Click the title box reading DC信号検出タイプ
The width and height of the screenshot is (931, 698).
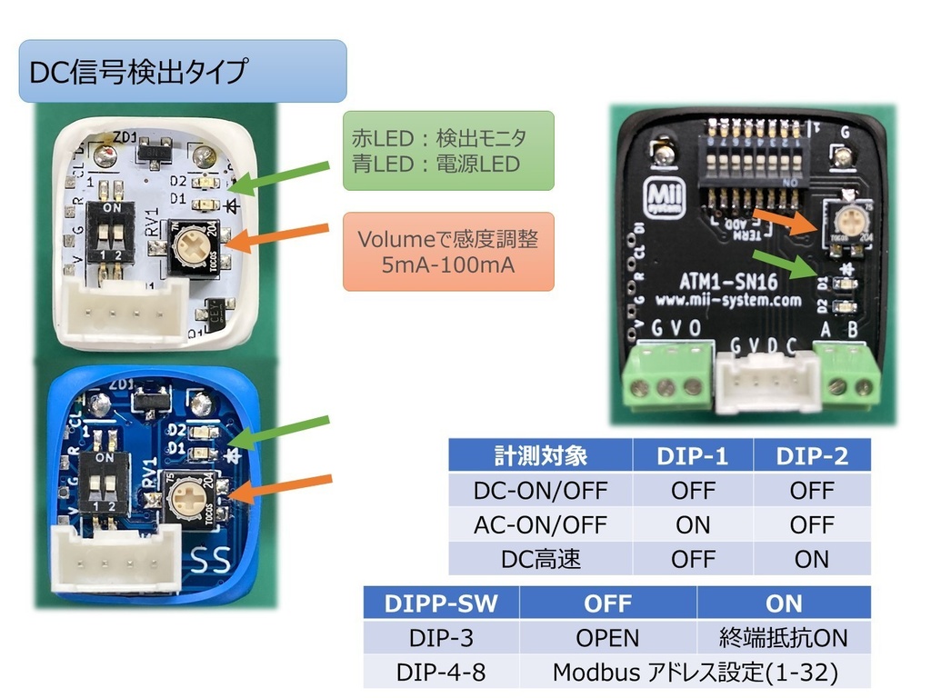(182, 71)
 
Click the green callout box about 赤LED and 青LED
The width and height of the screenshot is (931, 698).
(447, 151)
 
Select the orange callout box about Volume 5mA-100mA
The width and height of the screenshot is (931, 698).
(447, 252)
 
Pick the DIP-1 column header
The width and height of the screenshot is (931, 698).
(693, 455)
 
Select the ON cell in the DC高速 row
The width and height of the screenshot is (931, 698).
(811, 559)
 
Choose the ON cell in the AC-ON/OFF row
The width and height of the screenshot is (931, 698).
(693, 524)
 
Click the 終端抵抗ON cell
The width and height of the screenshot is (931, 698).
(784, 638)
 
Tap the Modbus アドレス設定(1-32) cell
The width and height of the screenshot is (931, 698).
(695, 673)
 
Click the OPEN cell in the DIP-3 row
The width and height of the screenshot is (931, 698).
(607, 638)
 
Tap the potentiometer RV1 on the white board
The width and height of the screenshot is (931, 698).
(192, 244)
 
